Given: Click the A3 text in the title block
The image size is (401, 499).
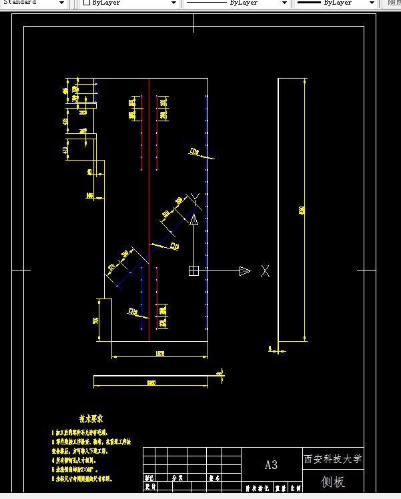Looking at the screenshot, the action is [x=271, y=465].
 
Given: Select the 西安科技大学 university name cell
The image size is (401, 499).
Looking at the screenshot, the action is [x=333, y=459].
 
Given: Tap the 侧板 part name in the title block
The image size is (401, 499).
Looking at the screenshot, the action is [x=332, y=482].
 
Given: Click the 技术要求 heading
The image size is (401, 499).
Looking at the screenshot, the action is [x=91, y=419].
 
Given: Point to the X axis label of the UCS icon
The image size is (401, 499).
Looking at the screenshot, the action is [x=265, y=270].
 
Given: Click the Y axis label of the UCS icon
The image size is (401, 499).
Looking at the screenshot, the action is [x=193, y=198].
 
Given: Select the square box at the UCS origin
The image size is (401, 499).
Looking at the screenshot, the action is [x=193, y=270].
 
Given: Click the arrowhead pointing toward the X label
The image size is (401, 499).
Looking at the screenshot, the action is [x=245, y=270].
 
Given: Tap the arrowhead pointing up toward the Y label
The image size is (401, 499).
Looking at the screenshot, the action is [x=193, y=219].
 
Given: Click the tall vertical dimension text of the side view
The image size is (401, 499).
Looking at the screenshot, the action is [x=302, y=210].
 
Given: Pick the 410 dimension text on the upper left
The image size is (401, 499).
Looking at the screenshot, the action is [x=65, y=151].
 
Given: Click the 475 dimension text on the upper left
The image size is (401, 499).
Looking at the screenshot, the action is [x=65, y=121].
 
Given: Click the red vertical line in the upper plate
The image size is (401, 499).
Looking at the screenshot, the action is [x=141, y=133].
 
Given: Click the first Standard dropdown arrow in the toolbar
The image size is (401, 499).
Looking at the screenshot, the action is [x=62, y=3].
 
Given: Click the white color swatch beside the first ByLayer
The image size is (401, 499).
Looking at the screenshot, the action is [x=86, y=3].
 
